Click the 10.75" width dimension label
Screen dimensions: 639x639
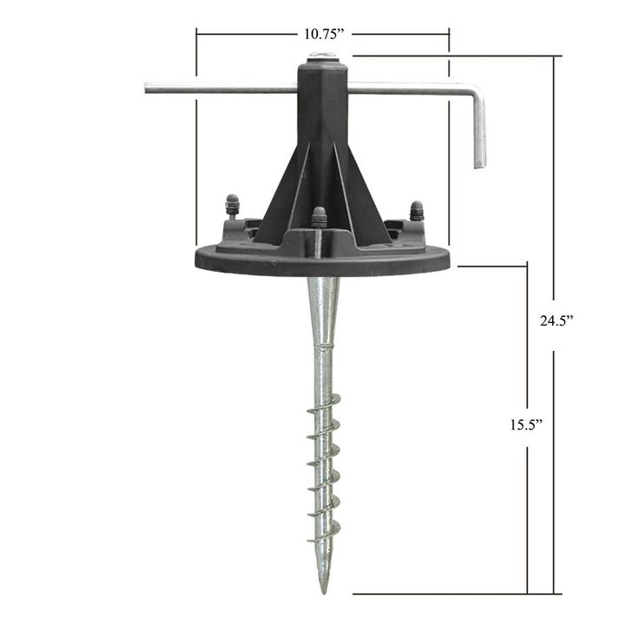[322, 34]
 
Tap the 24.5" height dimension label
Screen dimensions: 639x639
[557, 321]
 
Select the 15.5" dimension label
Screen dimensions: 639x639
[526, 425]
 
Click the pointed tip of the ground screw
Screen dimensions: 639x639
[324, 592]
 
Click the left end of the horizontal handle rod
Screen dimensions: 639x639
[146, 88]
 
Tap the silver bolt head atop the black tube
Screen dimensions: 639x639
[322, 55]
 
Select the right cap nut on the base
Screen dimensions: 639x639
[417, 210]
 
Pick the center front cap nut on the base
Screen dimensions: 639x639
[319, 217]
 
